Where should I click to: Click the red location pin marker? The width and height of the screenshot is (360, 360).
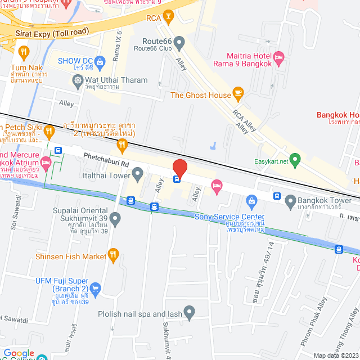pos(179,168)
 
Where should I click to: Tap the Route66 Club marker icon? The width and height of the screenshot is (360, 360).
pos(179,42)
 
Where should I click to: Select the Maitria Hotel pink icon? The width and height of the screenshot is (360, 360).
pos(279,57)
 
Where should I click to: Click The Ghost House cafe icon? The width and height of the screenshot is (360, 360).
pos(238,94)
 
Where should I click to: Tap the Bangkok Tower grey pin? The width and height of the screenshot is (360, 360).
pos(290,200)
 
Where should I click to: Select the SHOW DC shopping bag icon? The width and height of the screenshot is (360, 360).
pos(100,61)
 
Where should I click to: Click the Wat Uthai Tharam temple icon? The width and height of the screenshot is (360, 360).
pos(78,80)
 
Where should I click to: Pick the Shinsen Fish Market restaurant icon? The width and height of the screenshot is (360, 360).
pos(113,256)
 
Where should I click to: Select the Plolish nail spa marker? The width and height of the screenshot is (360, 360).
pos(189,312)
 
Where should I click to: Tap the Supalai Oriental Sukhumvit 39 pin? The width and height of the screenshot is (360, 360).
pos(115,217)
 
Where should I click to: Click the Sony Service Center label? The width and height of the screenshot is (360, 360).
pos(229,217)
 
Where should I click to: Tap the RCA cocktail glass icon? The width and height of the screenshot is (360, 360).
pos(168,19)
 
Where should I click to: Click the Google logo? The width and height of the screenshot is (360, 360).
pos(19,353)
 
